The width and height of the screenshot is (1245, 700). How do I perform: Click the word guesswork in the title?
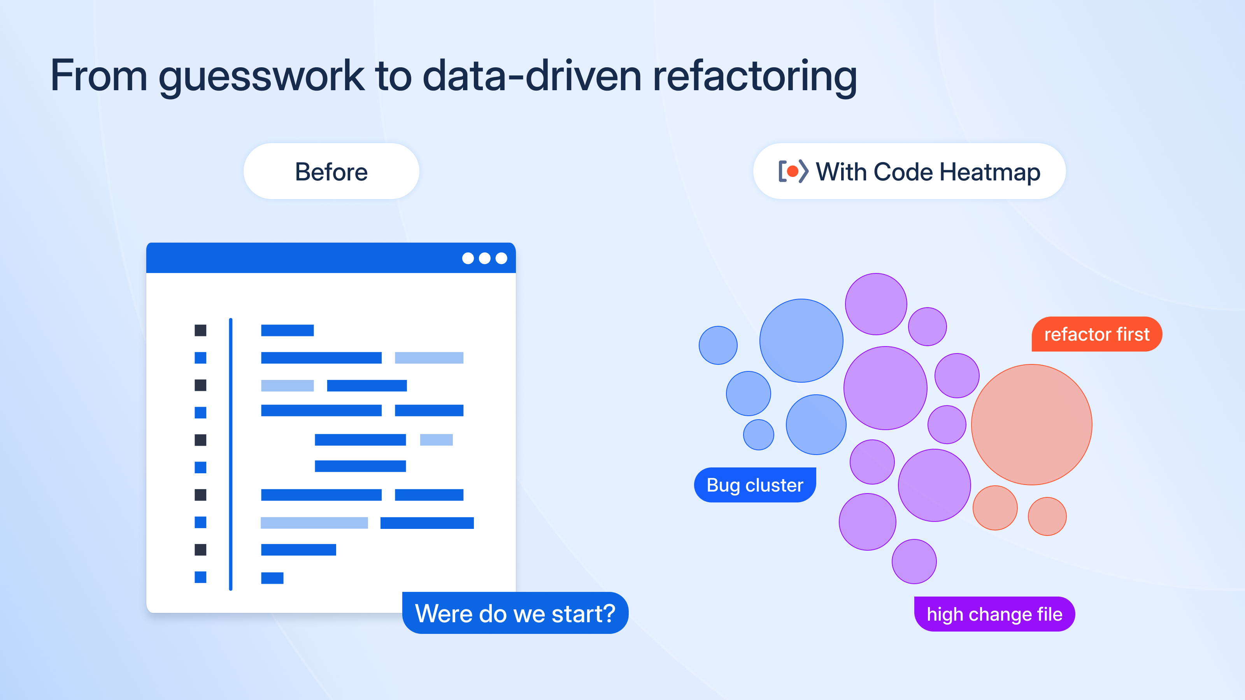[261, 76]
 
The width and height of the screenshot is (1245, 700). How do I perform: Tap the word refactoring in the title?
[754, 76]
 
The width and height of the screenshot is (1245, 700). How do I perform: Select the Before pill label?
[331, 171]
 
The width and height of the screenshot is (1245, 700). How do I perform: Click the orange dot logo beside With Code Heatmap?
[793, 171]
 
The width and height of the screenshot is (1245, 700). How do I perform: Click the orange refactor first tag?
[1097, 334]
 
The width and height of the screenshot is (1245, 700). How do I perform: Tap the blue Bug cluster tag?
[754, 485]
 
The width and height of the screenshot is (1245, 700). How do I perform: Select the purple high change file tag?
[994, 614]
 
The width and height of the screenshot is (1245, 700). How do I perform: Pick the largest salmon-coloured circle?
[1031, 425]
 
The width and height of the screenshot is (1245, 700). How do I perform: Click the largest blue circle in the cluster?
[801, 341]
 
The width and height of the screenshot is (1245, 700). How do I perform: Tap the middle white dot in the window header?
[484, 259]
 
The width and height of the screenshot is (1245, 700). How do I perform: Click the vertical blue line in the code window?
[231, 454]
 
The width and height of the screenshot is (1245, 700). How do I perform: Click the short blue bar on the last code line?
[272, 578]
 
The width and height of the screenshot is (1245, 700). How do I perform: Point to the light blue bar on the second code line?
[429, 358]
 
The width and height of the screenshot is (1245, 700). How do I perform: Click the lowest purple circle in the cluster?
[914, 561]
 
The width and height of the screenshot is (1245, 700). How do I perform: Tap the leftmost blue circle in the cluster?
[718, 345]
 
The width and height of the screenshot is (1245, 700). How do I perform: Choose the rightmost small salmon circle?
[1047, 516]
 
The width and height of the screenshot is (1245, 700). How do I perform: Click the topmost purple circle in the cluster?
[876, 304]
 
